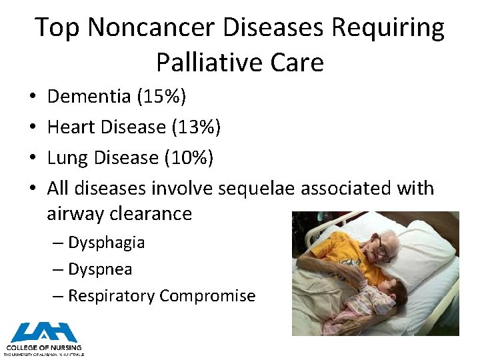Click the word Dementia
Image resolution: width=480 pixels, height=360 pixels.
(89, 97)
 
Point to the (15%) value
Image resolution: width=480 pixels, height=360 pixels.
(161, 97)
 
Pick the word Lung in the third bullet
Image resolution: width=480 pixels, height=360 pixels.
(67, 158)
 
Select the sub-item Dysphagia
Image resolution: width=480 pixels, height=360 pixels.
(106, 242)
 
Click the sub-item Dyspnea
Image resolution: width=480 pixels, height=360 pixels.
(100, 269)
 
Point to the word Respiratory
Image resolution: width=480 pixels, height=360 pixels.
(111, 296)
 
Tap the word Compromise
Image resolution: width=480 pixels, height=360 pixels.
(207, 296)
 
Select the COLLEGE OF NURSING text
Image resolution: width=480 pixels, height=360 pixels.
(44, 347)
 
